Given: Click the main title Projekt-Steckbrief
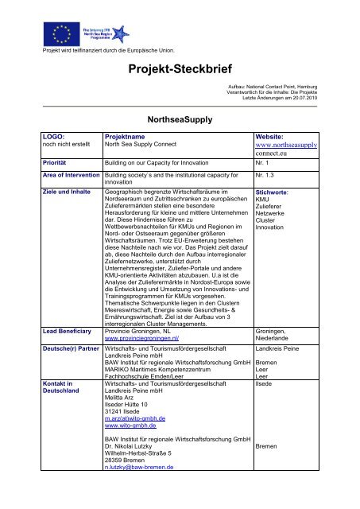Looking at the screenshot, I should point(179,69).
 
